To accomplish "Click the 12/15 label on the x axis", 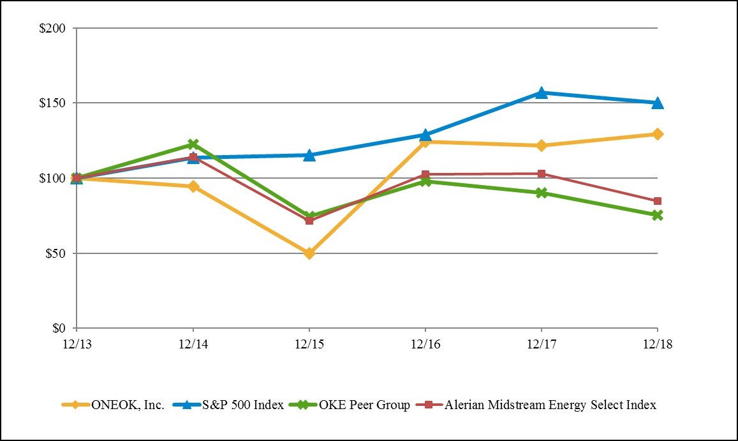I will tap(309, 343).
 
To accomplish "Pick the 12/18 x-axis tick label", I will tap(658, 343).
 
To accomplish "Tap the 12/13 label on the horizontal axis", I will tap(77, 343).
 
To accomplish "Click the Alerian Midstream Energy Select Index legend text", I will tap(550, 405).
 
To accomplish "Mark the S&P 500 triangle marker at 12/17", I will tap(542, 93).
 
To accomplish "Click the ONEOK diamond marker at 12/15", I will tap(309, 253).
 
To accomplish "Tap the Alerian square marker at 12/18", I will tap(658, 201).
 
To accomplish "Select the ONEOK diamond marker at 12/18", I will tap(658, 134).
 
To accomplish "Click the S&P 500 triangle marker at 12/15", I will tap(309, 155).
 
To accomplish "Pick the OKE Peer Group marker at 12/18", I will tap(658, 215).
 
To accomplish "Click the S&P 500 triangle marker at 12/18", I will tap(658, 103).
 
